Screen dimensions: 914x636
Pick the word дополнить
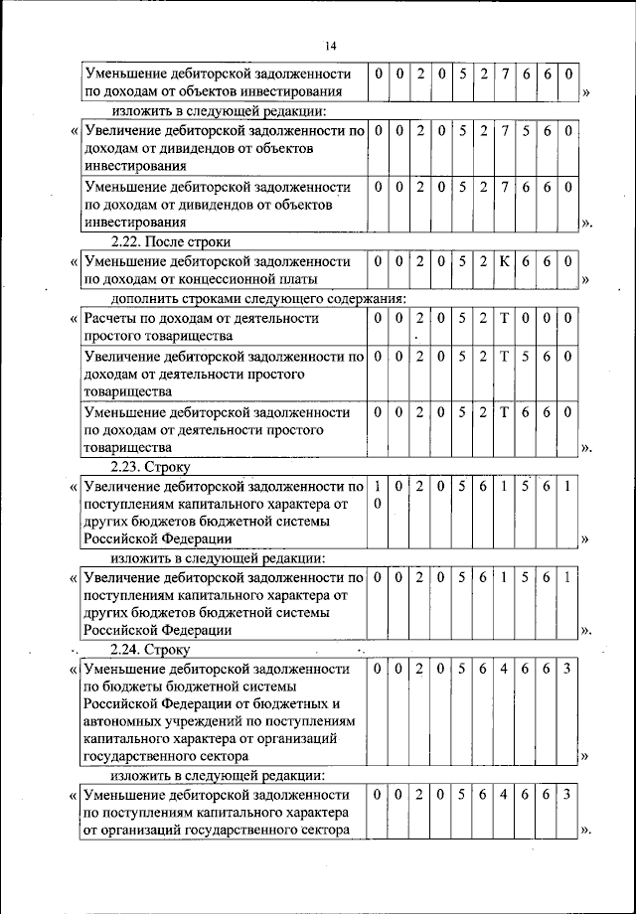tap(144, 298)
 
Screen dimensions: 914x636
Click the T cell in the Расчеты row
tap(504, 318)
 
